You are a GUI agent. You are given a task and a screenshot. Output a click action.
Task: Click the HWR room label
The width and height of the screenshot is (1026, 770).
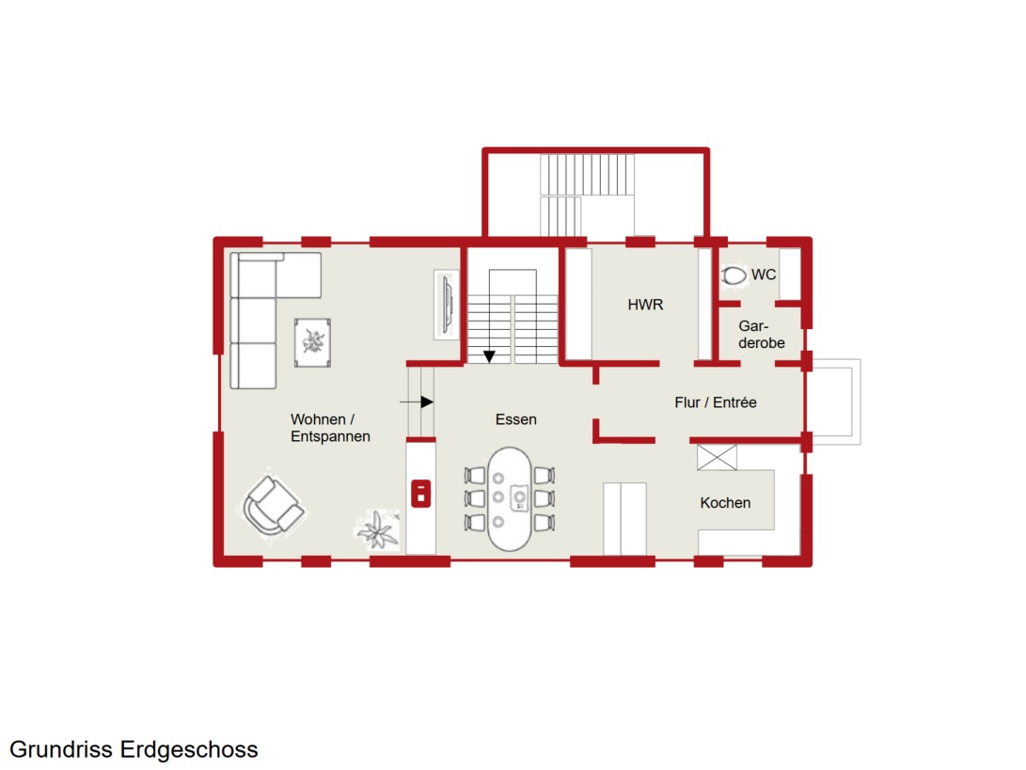click(645, 305)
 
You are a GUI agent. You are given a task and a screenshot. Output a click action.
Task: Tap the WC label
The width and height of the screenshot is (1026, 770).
click(764, 275)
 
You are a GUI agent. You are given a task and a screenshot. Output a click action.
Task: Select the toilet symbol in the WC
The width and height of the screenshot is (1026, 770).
click(734, 275)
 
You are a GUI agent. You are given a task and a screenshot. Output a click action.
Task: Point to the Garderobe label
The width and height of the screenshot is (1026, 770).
click(761, 335)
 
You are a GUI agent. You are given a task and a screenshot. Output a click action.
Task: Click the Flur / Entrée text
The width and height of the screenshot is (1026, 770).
click(715, 402)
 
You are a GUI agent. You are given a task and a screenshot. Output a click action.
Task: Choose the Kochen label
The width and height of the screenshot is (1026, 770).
click(725, 502)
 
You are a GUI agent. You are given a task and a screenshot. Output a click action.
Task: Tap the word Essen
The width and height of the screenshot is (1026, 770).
click(515, 419)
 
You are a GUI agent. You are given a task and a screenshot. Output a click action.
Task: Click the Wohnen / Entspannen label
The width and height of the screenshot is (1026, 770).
click(330, 428)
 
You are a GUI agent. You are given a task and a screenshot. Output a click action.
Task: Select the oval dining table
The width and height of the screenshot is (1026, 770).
click(510, 499)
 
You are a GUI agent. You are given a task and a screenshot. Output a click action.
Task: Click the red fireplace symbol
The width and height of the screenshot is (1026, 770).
click(420, 494)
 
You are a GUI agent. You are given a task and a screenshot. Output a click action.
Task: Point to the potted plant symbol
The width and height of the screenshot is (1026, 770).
click(377, 529)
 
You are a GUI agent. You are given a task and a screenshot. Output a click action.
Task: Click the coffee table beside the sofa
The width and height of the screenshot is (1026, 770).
click(313, 343)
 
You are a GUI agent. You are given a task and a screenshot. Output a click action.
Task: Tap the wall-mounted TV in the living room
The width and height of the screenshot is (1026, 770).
click(448, 305)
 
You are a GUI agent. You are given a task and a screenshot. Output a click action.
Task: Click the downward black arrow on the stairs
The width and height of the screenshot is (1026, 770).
click(489, 356)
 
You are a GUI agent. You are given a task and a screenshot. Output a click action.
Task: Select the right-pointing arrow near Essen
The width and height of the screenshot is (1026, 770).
click(417, 401)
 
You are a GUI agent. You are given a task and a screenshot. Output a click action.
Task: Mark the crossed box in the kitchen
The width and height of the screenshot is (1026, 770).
click(718, 457)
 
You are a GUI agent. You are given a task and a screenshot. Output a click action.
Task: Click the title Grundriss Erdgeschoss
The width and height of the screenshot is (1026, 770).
click(134, 749)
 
